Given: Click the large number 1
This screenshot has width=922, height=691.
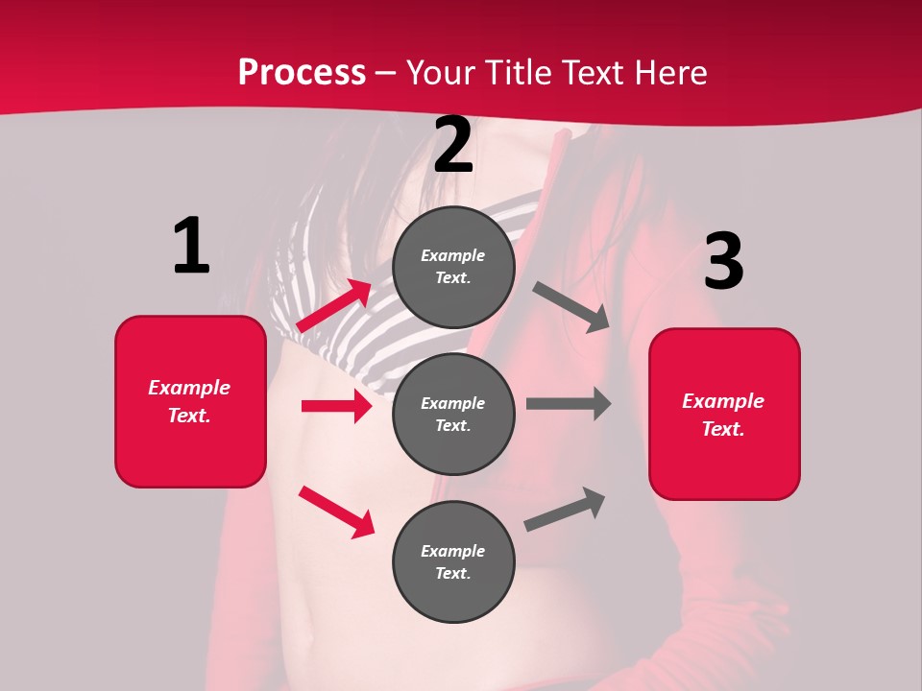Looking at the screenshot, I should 191,246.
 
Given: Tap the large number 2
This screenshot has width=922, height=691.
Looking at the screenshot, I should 453,146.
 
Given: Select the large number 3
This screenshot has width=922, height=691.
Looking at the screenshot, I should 723,261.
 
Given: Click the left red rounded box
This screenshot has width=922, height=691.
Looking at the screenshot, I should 190,401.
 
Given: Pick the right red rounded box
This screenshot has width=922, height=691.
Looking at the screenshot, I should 724,415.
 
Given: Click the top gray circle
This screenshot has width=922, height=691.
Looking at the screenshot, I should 453,267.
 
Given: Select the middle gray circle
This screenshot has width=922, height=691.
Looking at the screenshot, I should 453,414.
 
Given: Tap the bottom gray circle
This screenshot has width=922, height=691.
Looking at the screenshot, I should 453,561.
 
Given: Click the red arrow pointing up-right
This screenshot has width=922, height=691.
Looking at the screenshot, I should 334,306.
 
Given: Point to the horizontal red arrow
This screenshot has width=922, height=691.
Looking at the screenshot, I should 336,406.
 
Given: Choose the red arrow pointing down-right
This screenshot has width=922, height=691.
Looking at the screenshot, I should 336,512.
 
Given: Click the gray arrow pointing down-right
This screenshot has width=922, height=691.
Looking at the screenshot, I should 570,307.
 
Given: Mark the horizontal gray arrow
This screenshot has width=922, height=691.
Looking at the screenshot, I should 569,404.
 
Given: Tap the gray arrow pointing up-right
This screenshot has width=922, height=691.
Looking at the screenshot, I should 565,509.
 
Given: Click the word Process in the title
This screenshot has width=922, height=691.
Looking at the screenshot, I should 302,72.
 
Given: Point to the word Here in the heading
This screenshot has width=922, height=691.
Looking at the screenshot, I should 668,72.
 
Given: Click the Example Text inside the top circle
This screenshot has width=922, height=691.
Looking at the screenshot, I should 453,267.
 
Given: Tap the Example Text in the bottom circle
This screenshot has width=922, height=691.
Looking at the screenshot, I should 453,561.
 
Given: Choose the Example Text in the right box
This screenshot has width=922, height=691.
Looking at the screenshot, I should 724,415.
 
